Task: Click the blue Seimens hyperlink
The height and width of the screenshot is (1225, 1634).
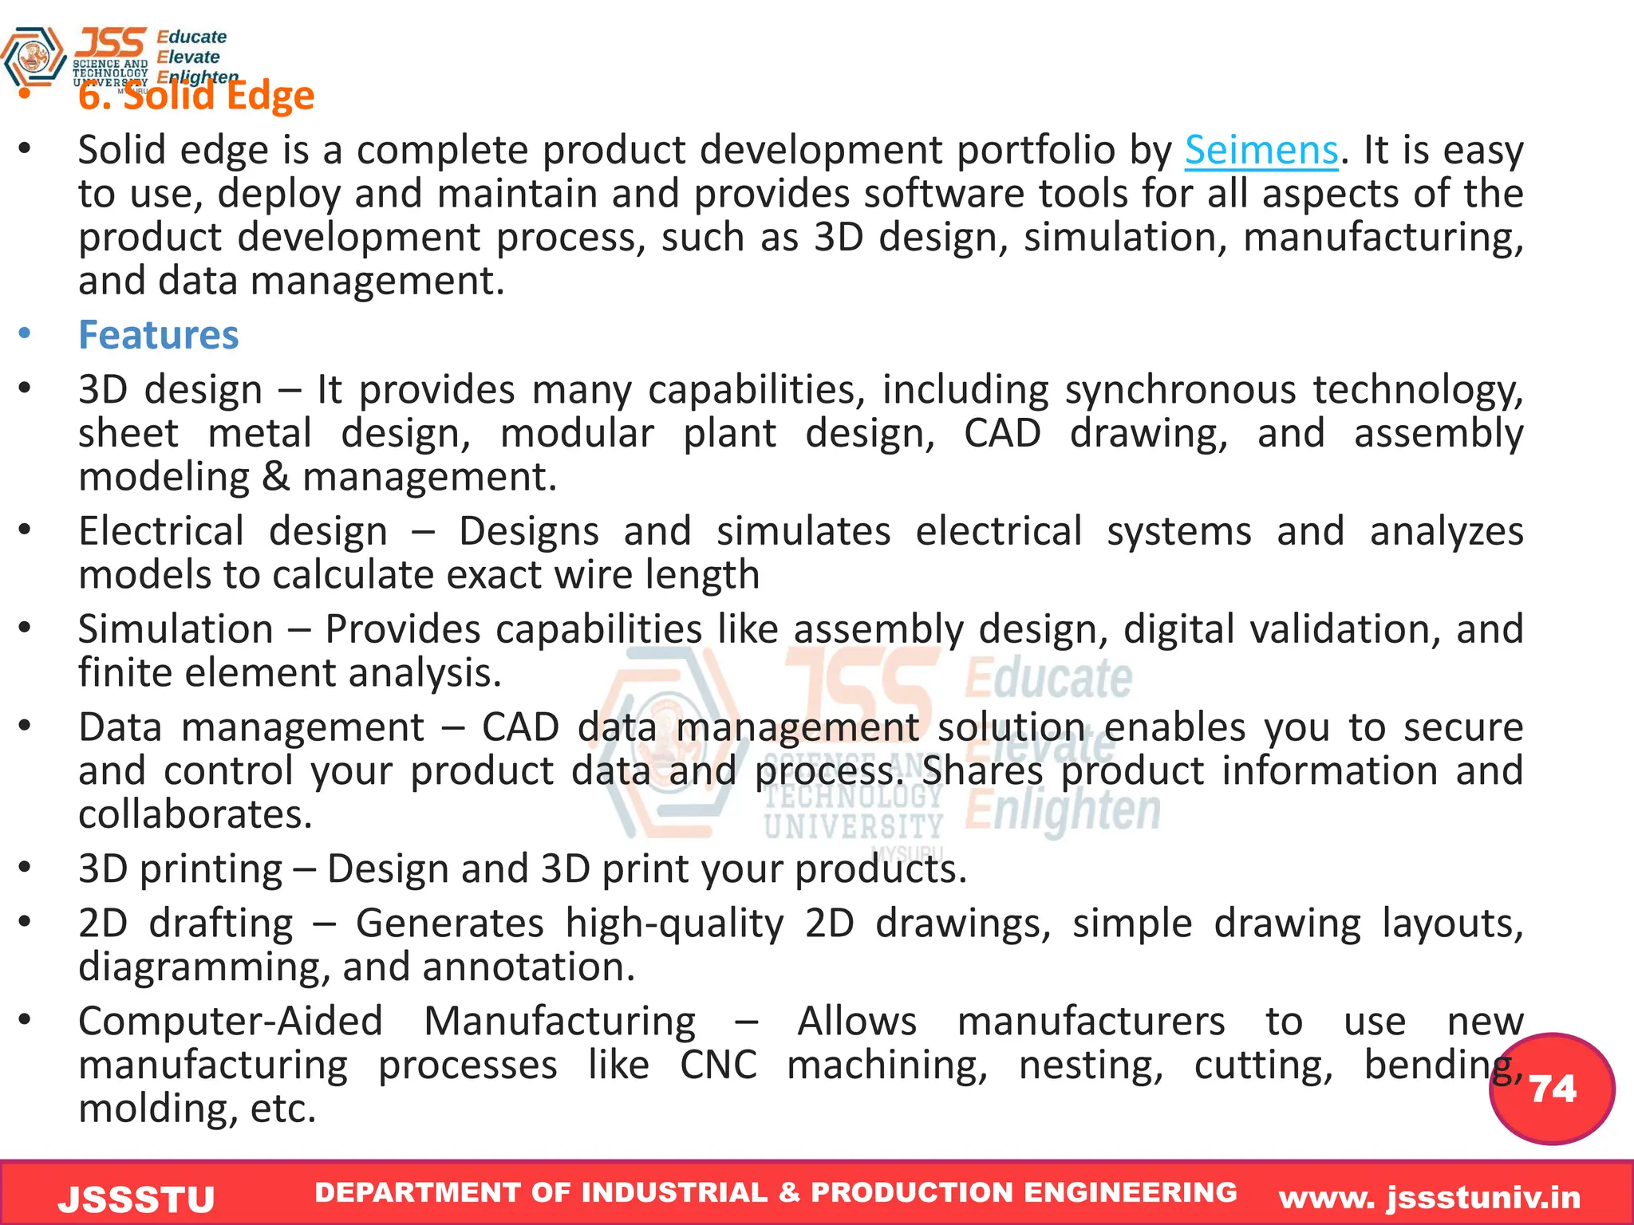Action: pyautogui.click(x=1261, y=150)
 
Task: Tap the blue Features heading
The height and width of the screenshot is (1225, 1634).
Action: pyautogui.click(x=158, y=335)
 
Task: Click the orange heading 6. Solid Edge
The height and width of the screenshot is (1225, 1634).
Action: pyautogui.click(x=196, y=97)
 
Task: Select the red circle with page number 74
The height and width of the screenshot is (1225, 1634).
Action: pyautogui.click(x=1552, y=1089)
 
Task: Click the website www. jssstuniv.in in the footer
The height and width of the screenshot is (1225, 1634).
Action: pyautogui.click(x=1430, y=1197)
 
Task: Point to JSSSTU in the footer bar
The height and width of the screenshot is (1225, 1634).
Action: pyautogui.click(x=136, y=1199)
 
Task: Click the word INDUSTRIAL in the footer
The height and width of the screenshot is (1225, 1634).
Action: pyautogui.click(x=674, y=1192)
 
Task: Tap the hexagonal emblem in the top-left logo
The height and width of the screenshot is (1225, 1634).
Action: pyautogui.click(x=34, y=57)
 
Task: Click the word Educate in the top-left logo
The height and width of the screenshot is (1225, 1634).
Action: pyautogui.click(x=191, y=37)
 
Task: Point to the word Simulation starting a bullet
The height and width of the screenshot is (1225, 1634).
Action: pyautogui.click(x=176, y=629)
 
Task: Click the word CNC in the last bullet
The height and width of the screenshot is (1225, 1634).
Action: pyautogui.click(x=718, y=1065)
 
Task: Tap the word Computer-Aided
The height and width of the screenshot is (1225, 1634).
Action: pyautogui.click(x=231, y=1022)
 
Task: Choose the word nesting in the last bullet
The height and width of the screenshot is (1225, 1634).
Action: pyautogui.click(x=1091, y=1065)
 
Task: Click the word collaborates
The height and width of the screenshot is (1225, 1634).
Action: pyautogui.click(x=195, y=814)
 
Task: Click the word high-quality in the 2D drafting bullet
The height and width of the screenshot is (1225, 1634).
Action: pyautogui.click(x=674, y=924)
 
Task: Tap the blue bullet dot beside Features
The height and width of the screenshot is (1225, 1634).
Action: pyautogui.click(x=26, y=334)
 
